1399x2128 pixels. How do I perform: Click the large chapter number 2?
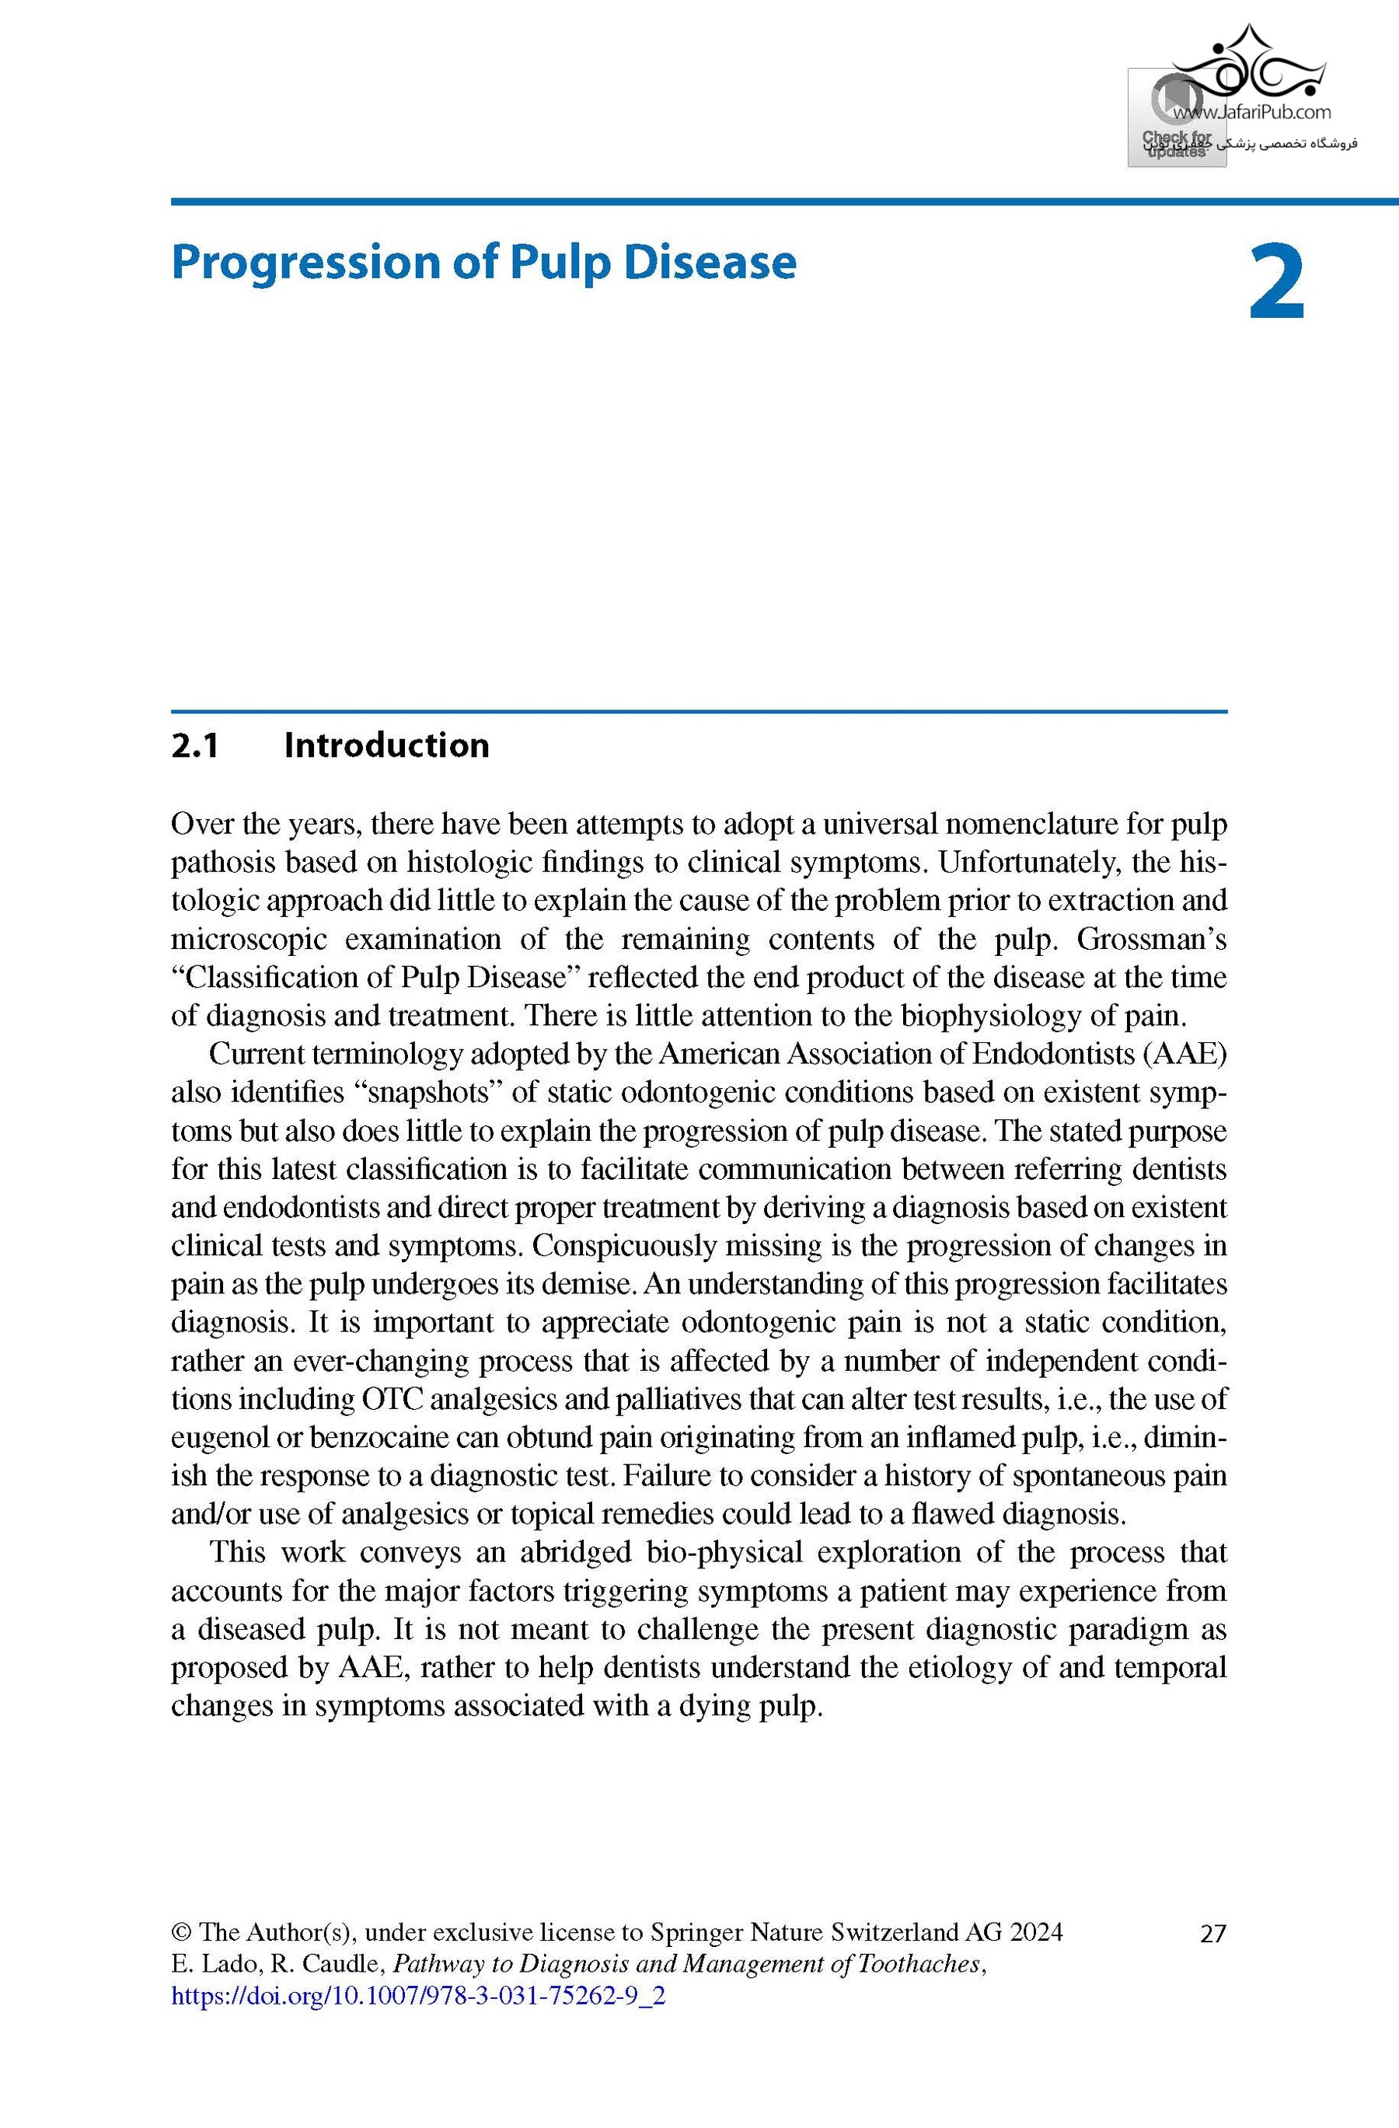pyautogui.click(x=1276, y=284)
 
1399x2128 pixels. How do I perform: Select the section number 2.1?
pyautogui.click(x=195, y=745)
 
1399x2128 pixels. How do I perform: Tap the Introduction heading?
pyautogui.click(x=386, y=745)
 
